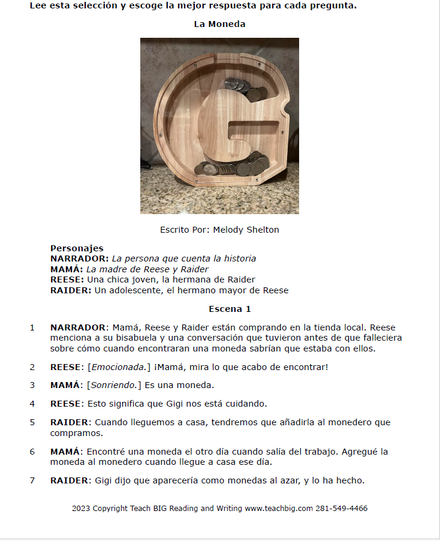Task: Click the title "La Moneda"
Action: (x=219, y=24)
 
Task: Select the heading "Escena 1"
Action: (x=230, y=309)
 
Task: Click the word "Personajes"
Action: (x=77, y=248)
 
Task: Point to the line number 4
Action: (x=32, y=404)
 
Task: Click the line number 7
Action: (x=32, y=480)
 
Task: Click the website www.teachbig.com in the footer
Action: (x=279, y=509)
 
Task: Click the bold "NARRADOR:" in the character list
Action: (x=80, y=259)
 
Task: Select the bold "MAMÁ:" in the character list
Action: (x=67, y=269)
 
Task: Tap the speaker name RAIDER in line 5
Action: (x=70, y=422)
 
